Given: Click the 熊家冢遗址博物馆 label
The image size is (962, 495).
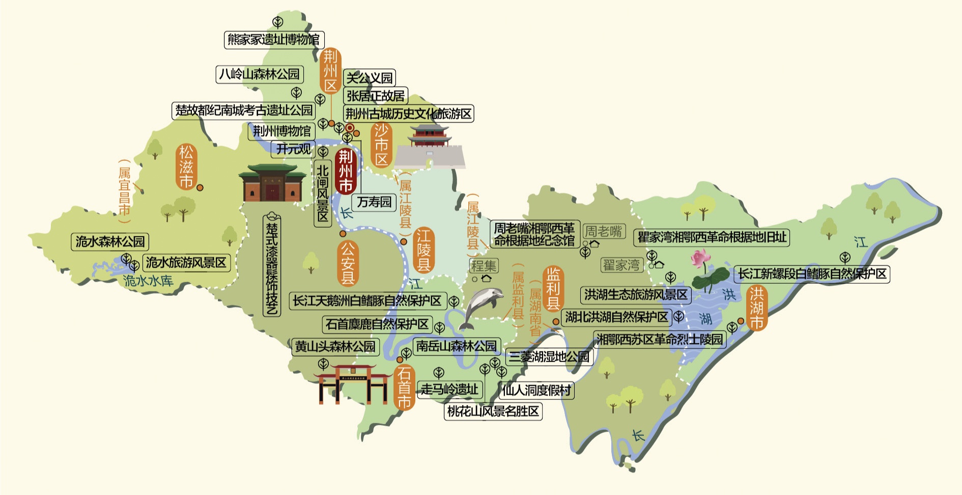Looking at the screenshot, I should click(274, 40).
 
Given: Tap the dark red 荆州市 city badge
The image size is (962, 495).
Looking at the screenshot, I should click(346, 171).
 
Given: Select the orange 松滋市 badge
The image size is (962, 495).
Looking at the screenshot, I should click(186, 167).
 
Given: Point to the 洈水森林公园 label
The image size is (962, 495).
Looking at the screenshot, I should click(110, 241).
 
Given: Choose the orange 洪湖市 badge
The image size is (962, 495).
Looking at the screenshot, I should click(756, 308).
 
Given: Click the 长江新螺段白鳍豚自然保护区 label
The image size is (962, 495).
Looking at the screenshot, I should click(812, 274).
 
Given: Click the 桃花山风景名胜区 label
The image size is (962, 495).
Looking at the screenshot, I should click(493, 411).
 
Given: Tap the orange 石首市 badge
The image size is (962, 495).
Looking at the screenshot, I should click(404, 388).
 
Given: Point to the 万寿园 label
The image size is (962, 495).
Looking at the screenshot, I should click(374, 202).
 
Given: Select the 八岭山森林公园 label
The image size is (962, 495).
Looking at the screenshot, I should click(260, 74).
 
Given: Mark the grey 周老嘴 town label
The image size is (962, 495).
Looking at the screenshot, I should click(604, 232).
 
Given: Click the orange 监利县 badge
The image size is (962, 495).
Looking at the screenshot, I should click(553, 289).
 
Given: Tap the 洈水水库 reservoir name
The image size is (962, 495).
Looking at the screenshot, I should click(148, 281).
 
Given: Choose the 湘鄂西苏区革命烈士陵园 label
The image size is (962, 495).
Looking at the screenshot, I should click(660, 339).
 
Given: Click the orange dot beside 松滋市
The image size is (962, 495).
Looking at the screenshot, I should click(200, 187).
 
